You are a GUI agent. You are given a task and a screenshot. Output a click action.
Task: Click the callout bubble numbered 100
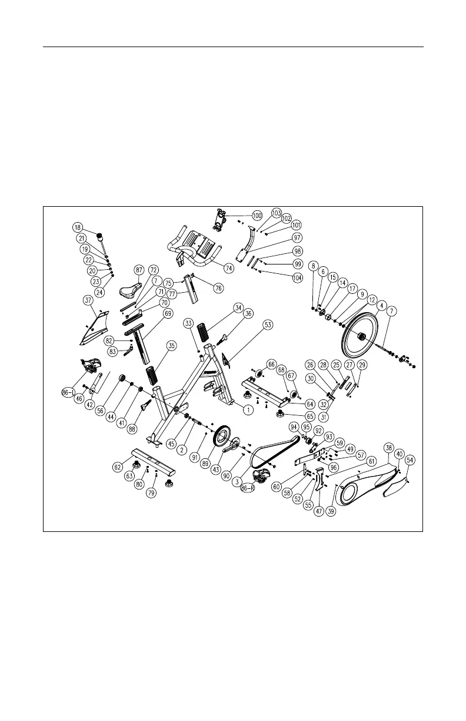pos(257,216)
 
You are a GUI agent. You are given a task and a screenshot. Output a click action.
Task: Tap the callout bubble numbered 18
pos(78,227)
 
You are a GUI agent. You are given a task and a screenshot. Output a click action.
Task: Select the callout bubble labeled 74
pos(228,269)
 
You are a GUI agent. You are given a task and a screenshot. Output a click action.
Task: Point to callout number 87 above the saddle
pos(139,270)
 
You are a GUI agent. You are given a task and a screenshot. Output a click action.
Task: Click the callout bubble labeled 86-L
pos(68,393)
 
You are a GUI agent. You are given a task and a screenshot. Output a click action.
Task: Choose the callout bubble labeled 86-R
pos(247,488)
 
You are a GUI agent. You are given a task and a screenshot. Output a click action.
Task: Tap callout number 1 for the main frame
pos(248,410)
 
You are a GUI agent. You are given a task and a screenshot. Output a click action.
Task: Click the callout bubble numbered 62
pos(118,467)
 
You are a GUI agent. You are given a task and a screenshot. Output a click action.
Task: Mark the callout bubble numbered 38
pos(389,448)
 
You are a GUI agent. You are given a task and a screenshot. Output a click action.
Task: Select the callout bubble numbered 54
pos(410,460)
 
